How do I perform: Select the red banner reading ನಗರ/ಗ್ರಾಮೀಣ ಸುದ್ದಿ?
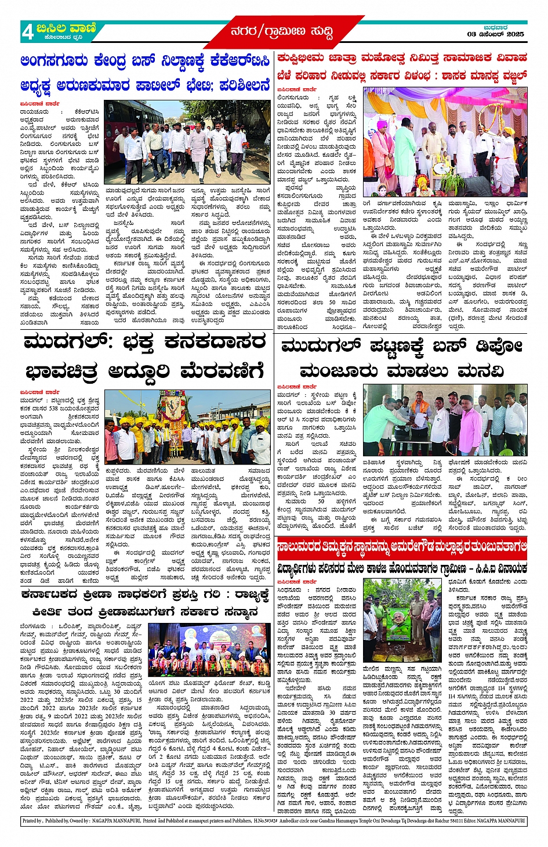pos(281,31)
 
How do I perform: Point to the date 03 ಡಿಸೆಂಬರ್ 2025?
pos(495,34)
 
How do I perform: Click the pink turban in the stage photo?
pos(382,124)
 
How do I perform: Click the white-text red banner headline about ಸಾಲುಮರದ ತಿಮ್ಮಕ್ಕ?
pos(402,547)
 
